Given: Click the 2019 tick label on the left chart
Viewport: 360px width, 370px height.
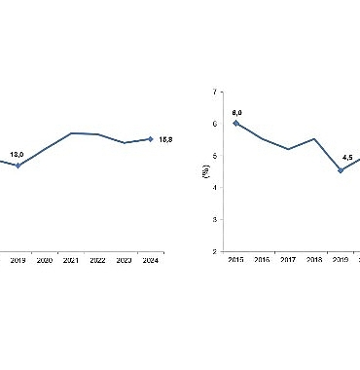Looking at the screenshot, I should pos(18,260).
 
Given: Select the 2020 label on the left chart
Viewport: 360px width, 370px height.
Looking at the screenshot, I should pos(45,260).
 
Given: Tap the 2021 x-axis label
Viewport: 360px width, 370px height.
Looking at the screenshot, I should pos(71,260).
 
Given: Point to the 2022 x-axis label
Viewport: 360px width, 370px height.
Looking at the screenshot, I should pos(97,260).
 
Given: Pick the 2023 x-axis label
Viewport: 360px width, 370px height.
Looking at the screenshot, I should pos(124,260).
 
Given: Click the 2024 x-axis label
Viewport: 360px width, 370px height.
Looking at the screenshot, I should pos(150,260).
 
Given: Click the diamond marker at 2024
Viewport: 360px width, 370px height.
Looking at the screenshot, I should pos(150,139).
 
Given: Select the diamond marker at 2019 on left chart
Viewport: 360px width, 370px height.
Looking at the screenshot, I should pos(18,165).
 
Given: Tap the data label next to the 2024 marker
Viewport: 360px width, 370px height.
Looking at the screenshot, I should pos(165,140).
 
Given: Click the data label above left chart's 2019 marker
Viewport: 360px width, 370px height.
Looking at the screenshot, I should pos(17,154).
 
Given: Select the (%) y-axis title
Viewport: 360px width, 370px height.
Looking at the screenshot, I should pos(205,171).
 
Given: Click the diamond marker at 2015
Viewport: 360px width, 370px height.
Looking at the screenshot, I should pos(235,123).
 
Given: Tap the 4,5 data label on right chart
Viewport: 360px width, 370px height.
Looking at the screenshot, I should pos(341,158).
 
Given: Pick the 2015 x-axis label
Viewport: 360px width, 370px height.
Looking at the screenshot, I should pos(235,260).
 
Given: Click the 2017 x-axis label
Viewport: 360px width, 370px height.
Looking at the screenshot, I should pos(288,260).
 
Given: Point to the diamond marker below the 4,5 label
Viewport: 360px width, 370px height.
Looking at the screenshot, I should pos(341,170).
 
